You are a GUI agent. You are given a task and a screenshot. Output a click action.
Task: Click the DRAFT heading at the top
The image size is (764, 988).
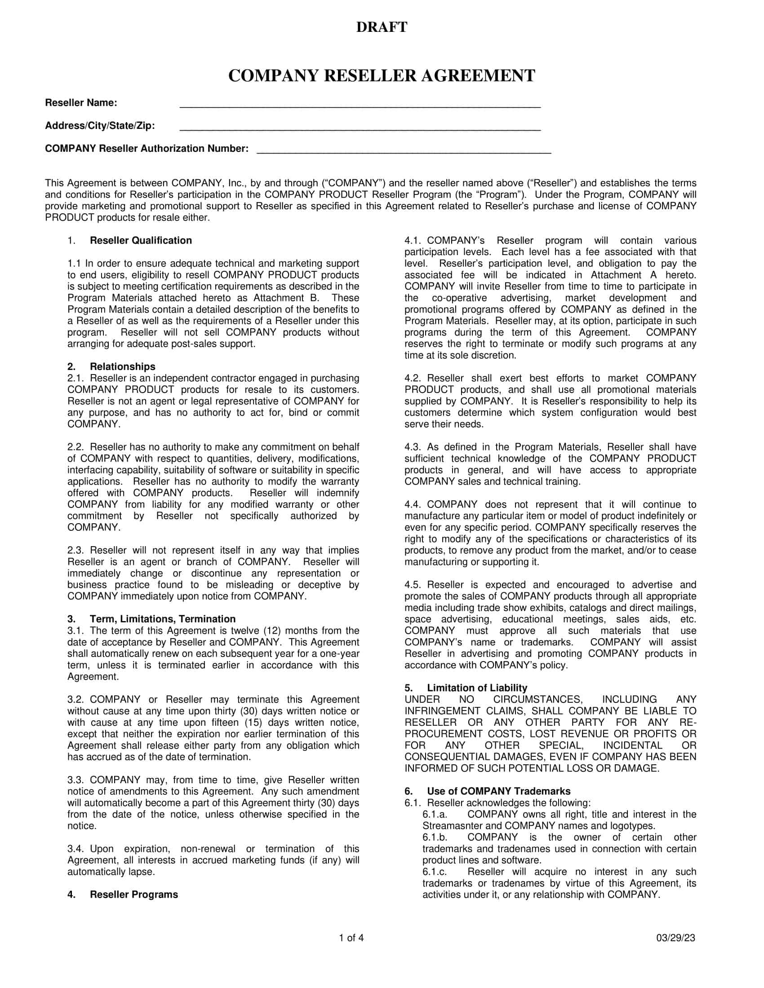[x=382, y=27]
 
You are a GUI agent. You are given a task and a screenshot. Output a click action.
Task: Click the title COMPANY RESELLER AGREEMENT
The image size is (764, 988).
[x=382, y=75]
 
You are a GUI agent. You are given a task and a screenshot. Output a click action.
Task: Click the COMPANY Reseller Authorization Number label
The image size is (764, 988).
[x=147, y=149]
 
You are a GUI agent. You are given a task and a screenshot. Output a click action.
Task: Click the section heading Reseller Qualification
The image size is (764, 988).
[x=141, y=241]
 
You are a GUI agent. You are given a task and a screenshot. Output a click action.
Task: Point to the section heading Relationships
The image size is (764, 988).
[x=122, y=367]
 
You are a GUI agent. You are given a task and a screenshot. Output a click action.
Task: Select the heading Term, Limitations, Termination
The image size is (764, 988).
[x=163, y=619]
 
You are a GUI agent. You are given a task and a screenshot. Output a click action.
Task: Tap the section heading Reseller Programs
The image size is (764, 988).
[x=133, y=895]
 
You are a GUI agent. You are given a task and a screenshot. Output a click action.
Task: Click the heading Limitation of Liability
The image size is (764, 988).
[x=477, y=688]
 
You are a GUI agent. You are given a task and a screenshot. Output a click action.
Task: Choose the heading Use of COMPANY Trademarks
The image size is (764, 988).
[x=498, y=791]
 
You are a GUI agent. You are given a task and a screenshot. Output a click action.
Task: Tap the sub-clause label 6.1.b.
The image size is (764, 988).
[x=435, y=838]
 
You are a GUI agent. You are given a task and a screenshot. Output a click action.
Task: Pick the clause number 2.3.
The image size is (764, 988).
[x=76, y=551]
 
